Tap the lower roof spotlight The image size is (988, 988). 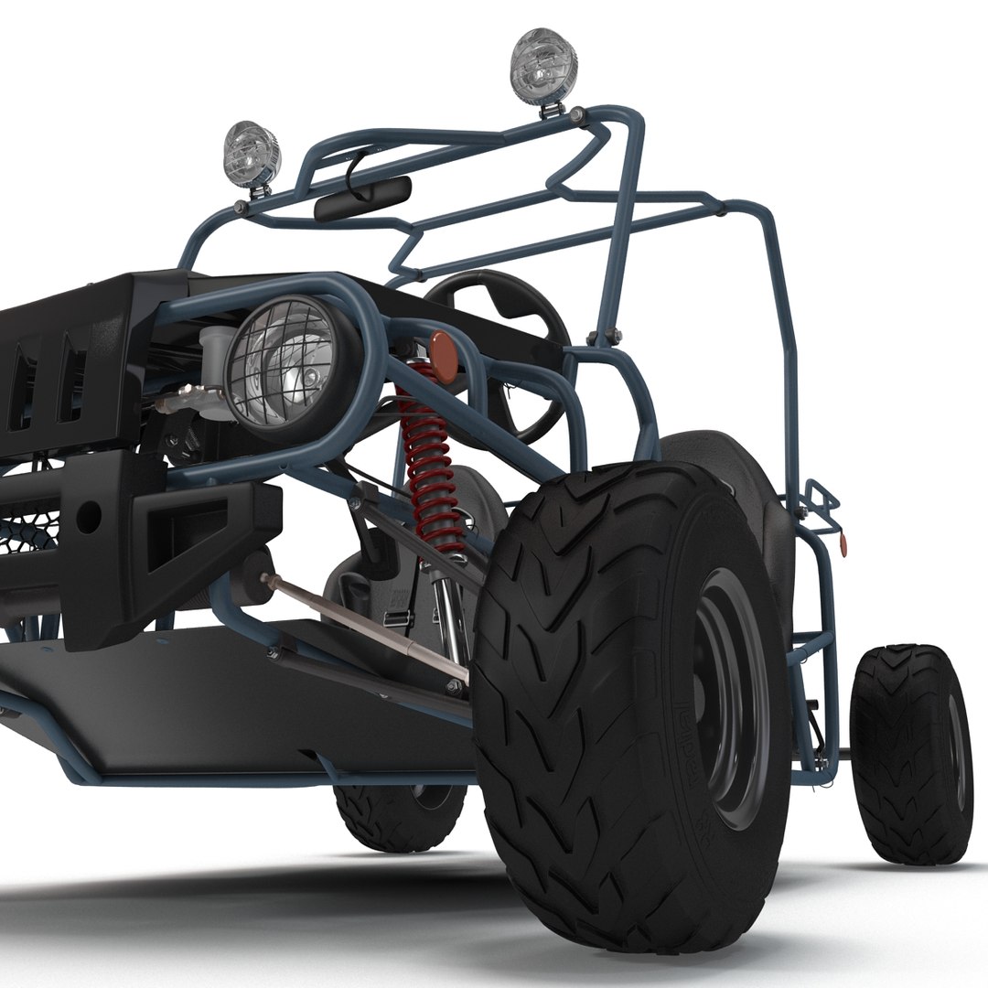tap(251, 153)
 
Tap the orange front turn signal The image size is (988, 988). tap(445, 357)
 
